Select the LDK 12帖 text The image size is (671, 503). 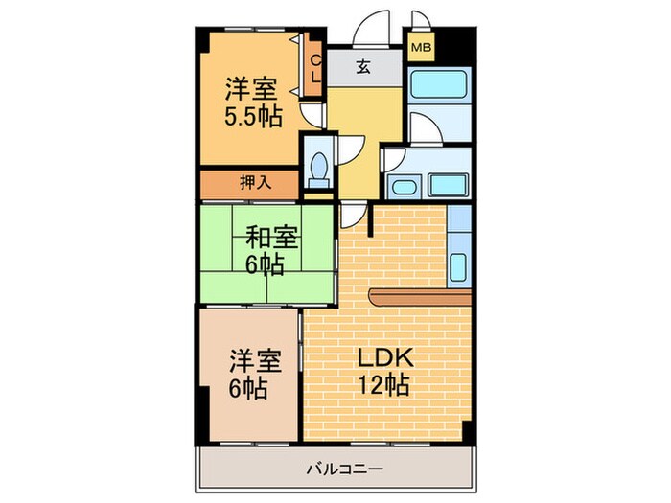coord(385,372)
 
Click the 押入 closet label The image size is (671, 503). coord(253,183)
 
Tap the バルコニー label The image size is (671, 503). coord(345,469)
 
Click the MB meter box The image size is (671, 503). coord(421,46)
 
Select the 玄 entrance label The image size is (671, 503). coord(365,67)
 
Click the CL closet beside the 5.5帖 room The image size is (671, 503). coord(314,67)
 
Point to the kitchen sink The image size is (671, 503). coord(458,263)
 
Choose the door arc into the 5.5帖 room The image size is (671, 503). coord(312,115)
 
